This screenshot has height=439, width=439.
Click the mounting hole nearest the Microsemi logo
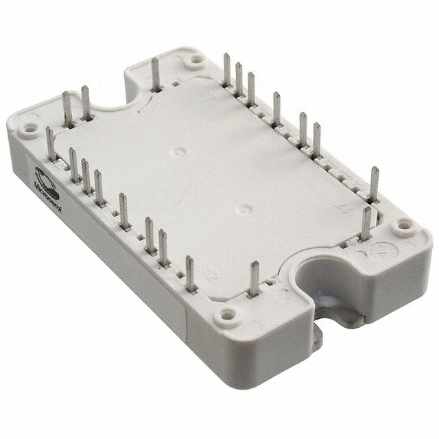(x=29, y=128)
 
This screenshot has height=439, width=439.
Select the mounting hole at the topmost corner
(x=197, y=60)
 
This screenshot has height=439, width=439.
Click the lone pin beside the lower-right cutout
(x=254, y=279)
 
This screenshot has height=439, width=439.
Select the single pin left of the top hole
(x=156, y=74)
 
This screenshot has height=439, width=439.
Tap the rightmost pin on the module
(x=375, y=184)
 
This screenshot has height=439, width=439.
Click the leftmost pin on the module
(x=50, y=144)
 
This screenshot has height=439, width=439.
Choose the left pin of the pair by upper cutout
(x=67, y=108)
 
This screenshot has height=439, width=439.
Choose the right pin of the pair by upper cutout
(x=86, y=103)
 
